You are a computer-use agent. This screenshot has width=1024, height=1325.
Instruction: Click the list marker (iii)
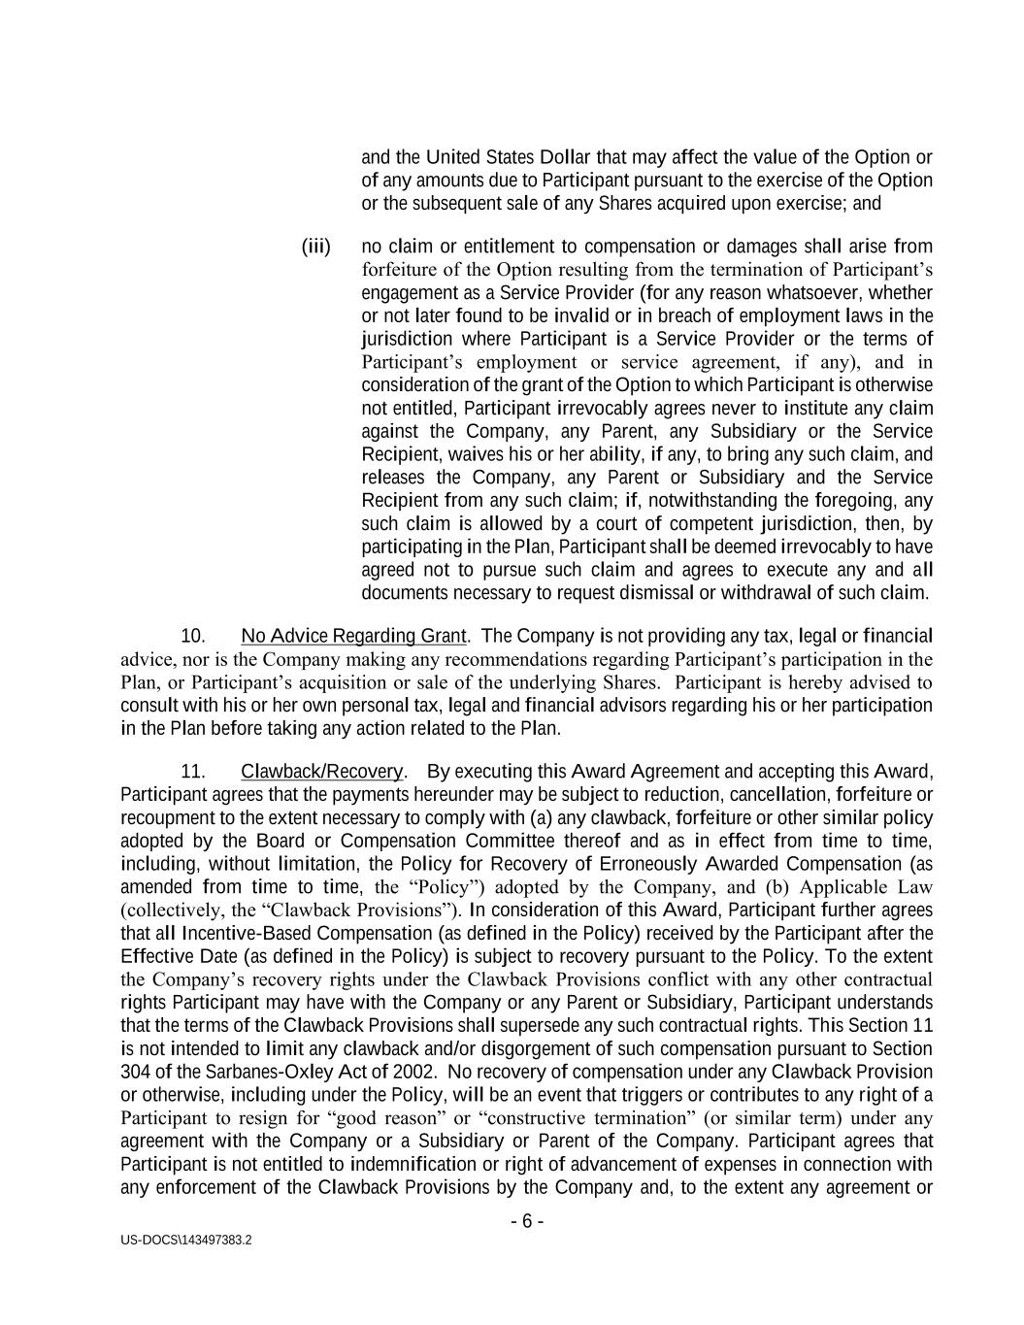(316, 247)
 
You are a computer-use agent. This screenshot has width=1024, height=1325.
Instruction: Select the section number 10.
(193, 636)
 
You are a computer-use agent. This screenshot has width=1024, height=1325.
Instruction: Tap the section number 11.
(193, 772)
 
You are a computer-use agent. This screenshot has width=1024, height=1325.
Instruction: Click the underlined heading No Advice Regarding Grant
(354, 636)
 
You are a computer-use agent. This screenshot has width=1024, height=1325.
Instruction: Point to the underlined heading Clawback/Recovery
(321, 772)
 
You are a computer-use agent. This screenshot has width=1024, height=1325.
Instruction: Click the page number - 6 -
(527, 1221)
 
